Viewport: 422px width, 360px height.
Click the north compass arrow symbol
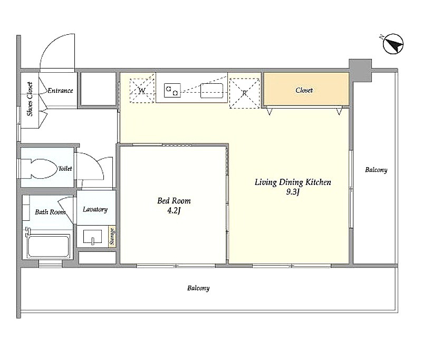(393, 44)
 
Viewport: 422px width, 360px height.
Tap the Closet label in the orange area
(304, 90)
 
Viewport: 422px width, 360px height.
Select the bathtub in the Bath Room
(49, 246)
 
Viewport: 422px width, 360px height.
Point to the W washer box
(142, 90)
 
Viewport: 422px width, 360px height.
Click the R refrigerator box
(244, 93)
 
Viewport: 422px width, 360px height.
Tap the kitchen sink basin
(212, 91)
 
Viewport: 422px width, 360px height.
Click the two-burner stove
(172, 90)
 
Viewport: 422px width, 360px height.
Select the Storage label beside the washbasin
(112, 236)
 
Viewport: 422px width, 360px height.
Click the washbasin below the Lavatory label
(92, 237)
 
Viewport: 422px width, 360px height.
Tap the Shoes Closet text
(30, 99)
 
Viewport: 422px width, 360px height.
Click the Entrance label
(60, 90)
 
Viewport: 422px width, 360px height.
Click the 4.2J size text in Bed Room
(174, 210)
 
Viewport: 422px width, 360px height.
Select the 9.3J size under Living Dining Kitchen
(293, 192)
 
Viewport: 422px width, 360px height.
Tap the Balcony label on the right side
(376, 170)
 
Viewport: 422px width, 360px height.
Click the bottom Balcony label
(198, 288)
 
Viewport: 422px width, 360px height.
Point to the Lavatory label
(95, 209)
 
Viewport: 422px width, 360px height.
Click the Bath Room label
(50, 212)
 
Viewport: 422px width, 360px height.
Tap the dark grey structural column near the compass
(360, 70)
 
